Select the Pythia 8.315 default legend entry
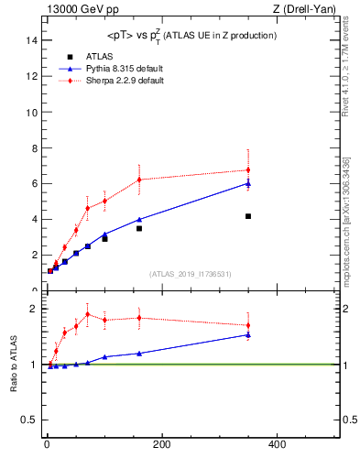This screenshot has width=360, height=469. pyautogui.click(x=115, y=69)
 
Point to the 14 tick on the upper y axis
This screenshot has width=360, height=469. pyautogui.click(x=32, y=40)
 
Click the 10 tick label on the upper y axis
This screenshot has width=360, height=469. pyautogui.click(x=32, y=112)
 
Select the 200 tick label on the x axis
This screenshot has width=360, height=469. pyautogui.click(x=162, y=444)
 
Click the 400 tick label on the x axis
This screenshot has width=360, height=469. pyautogui.click(x=277, y=444)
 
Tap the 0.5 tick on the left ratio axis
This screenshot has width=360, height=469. pyautogui.click(x=29, y=420)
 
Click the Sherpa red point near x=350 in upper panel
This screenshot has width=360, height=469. pyautogui.click(x=248, y=169)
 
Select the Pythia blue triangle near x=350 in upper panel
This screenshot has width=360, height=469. pyautogui.click(x=248, y=183)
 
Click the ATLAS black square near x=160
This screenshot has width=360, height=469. pyautogui.click(x=139, y=228)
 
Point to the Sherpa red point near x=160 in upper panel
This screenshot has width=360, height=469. pyautogui.click(x=139, y=180)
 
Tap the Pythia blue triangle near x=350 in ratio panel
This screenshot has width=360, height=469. pyautogui.click(x=248, y=334)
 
